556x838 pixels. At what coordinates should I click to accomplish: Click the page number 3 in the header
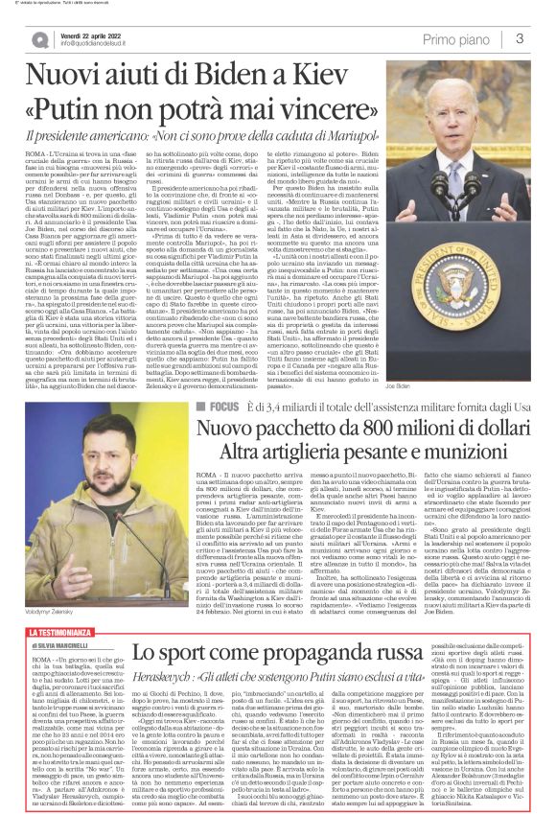[519, 38]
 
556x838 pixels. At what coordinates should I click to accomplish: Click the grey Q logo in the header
[40, 39]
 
